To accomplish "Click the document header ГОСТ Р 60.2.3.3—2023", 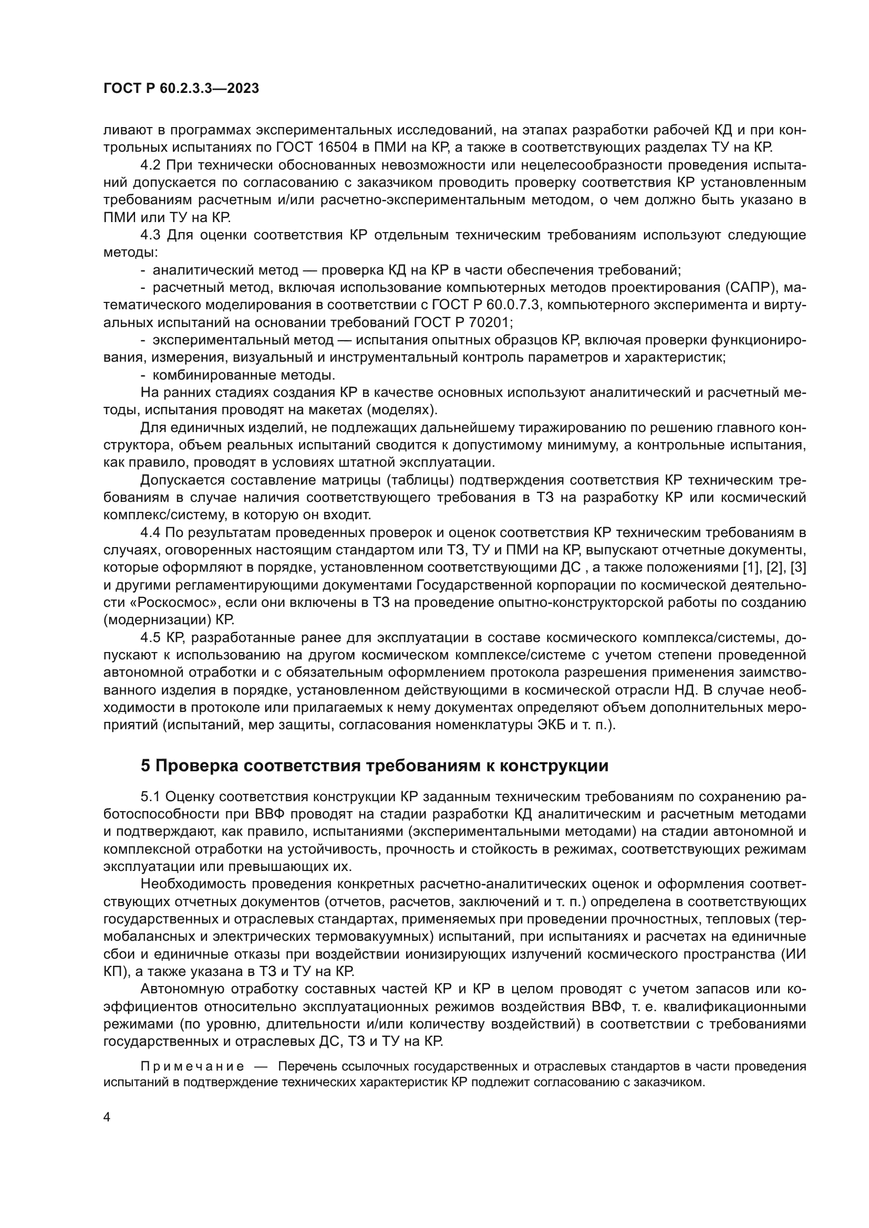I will point(181,89).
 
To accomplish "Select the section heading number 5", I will point(146,766).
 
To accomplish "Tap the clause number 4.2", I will point(151,165).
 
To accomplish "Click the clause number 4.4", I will point(151,533).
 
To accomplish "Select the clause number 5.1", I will point(151,797).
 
